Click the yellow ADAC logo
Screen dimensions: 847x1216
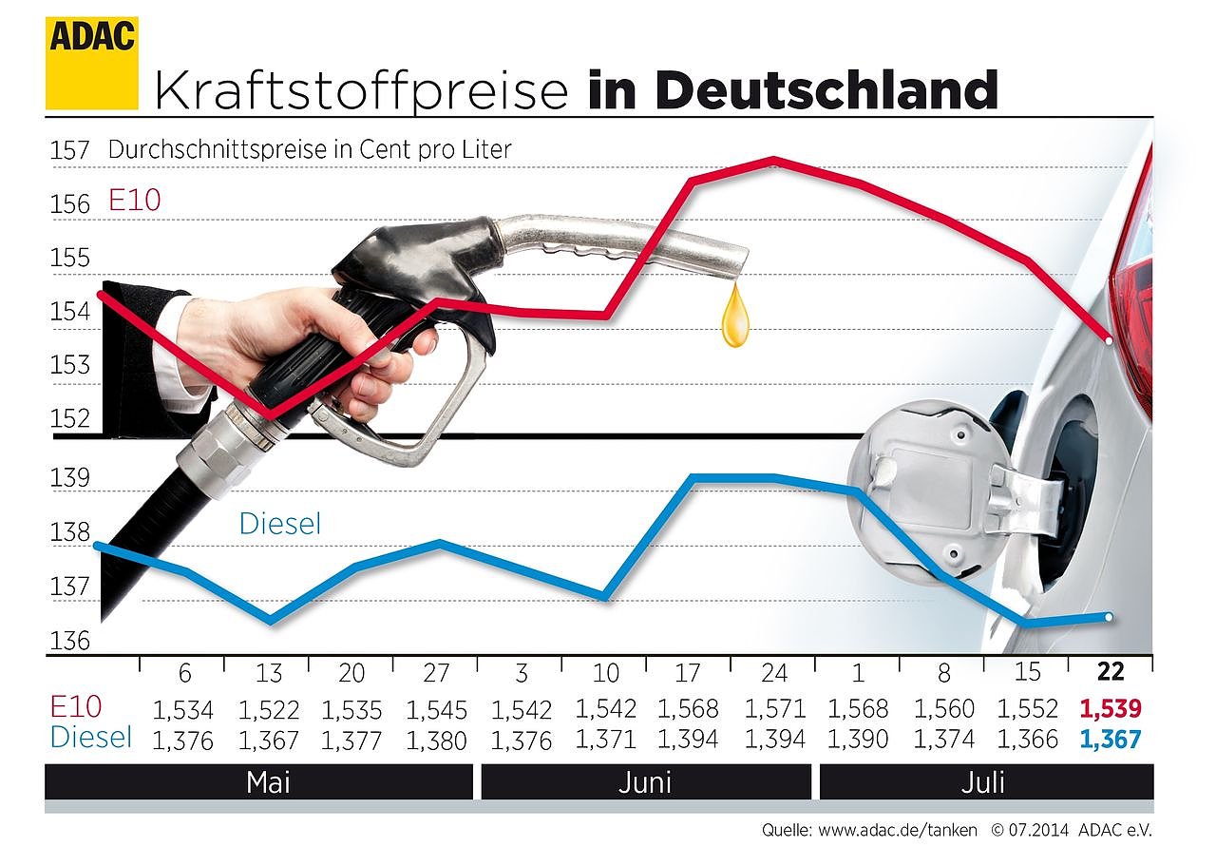pos(91,62)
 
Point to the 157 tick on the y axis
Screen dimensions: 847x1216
pos(70,150)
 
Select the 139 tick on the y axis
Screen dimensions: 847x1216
pos(70,477)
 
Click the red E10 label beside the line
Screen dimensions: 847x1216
pos(135,201)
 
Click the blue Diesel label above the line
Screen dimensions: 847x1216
pos(280,524)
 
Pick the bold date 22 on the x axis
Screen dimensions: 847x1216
pos(1110,673)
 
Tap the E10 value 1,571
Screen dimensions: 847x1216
pos(774,709)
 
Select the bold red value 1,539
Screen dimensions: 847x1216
pos(1110,709)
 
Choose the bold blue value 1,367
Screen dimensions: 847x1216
pos(1110,740)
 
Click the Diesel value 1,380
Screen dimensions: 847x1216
pos(436,740)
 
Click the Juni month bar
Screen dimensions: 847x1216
pos(645,782)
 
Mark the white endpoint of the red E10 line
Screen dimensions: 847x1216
pos(1110,340)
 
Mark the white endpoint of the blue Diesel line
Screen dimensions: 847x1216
pos(1110,617)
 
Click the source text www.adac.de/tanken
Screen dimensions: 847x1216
pos(897,830)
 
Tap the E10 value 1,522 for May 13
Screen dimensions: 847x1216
pos(269,709)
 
